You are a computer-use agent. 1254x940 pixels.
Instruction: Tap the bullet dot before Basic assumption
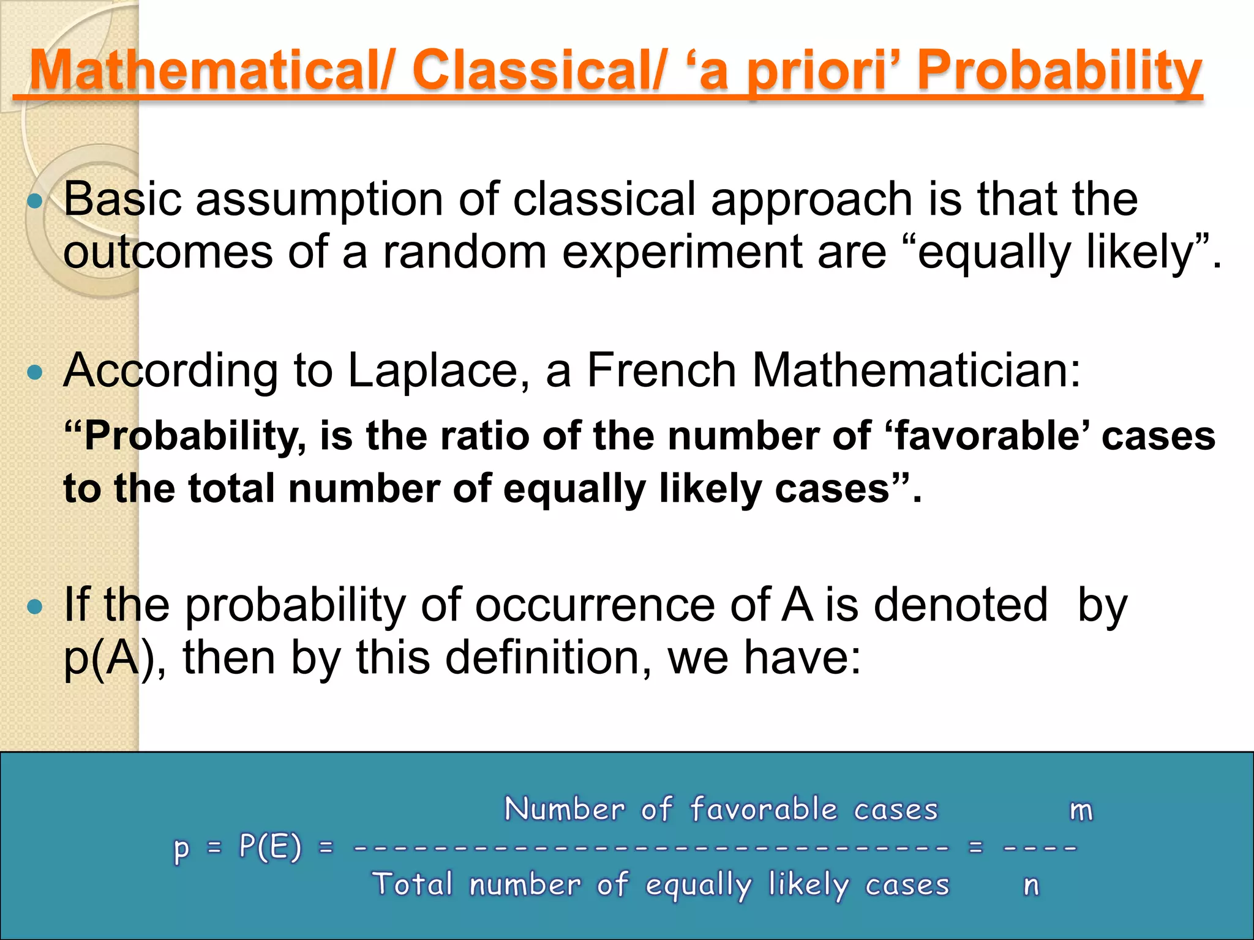coord(36,201)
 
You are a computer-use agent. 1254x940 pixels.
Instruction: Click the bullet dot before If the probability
coord(36,606)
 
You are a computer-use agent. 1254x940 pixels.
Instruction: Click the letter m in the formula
coord(1081,810)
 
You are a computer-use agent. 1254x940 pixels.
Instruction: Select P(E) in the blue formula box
coord(270,848)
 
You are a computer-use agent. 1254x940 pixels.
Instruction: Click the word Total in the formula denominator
coord(413,884)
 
